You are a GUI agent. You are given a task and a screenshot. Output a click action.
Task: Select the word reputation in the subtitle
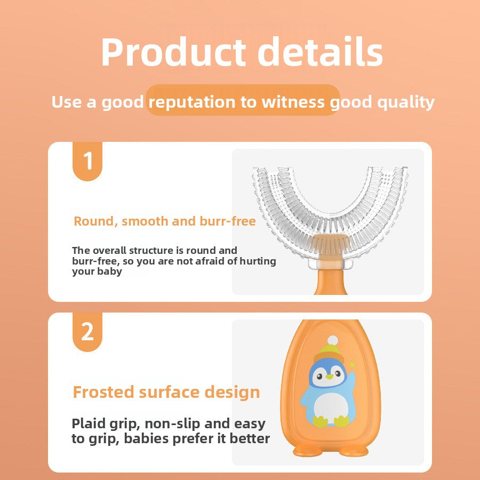tap(192, 102)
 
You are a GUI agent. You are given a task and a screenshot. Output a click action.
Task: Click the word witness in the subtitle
tap(293, 102)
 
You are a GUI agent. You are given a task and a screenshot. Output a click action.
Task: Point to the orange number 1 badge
tap(87, 161)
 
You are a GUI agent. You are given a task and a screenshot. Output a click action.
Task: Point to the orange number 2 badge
tap(87, 331)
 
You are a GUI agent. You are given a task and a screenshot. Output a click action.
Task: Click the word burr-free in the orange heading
tap(227, 221)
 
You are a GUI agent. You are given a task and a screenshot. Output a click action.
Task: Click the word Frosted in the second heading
tap(103, 392)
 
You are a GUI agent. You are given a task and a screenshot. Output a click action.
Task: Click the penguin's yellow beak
tap(329, 377)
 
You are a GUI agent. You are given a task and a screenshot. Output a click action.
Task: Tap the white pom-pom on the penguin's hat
tap(332, 340)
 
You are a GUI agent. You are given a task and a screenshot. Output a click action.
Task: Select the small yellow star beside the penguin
tap(352, 364)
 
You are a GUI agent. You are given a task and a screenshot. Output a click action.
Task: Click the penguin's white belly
tap(331, 408)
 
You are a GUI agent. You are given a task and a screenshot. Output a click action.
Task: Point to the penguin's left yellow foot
tap(320, 421)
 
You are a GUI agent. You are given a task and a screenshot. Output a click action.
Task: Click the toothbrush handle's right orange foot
tap(354, 450)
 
